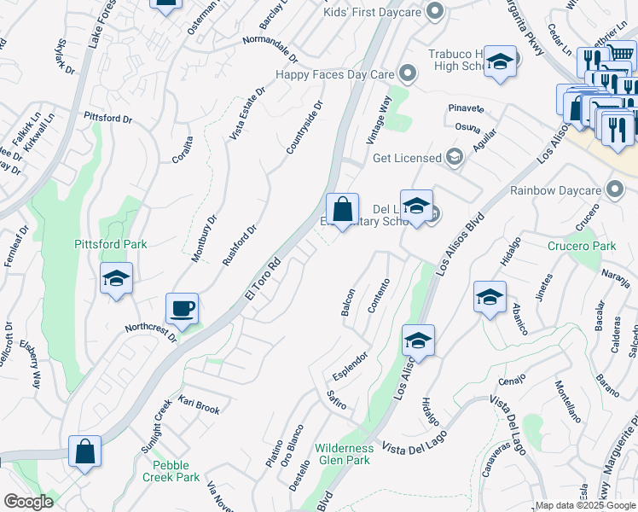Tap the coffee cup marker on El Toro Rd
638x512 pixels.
click(x=183, y=309)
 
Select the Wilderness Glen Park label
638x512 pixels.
click(x=344, y=454)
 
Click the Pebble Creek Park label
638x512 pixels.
click(x=177, y=471)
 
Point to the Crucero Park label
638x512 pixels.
click(x=581, y=246)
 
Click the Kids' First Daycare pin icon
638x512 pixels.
click(x=435, y=11)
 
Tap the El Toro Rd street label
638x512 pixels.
click(x=262, y=280)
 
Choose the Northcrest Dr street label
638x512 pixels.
click(x=150, y=331)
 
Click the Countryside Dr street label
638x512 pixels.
click(x=304, y=128)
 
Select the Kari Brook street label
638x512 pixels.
click(x=199, y=404)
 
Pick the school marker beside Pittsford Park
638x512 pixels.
click(x=116, y=279)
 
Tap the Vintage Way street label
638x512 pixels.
click(x=379, y=119)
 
